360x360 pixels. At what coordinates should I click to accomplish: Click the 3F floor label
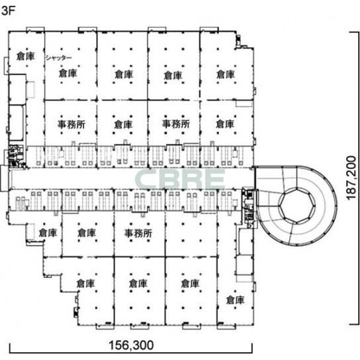click(8, 11)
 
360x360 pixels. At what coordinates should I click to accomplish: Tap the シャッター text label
click(58, 58)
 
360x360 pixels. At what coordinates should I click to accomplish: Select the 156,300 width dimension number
click(131, 345)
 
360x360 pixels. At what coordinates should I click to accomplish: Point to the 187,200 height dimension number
click(351, 178)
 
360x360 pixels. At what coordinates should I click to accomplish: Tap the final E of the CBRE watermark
click(216, 179)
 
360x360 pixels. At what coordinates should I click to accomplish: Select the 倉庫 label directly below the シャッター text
click(68, 73)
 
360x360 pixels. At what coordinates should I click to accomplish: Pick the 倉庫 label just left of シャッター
click(26, 56)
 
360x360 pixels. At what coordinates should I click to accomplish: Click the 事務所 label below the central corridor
click(138, 233)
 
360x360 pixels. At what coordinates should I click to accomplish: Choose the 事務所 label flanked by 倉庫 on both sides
click(176, 124)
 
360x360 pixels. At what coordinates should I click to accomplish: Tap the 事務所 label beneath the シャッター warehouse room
click(71, 124)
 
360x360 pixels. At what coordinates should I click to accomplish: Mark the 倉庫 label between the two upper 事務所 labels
click(124, 124)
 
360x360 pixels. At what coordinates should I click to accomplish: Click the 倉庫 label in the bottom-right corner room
click(235, 300)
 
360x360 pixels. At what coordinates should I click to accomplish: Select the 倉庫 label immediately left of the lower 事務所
click(87, 233)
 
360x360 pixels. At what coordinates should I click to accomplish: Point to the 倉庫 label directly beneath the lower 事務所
click(138, 283)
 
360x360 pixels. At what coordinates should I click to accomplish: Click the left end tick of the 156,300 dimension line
click(10, 348)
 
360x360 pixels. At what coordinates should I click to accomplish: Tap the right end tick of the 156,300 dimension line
click(252, 348)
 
